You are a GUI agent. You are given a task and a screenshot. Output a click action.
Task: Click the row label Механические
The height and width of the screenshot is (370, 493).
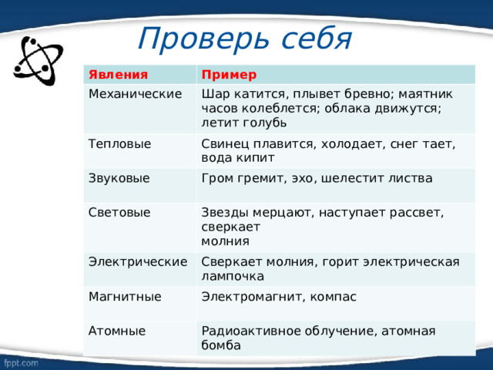136,94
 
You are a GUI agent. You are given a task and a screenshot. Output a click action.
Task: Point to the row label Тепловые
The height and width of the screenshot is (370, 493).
119,143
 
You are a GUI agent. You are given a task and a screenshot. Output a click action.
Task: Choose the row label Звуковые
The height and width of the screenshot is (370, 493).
119,178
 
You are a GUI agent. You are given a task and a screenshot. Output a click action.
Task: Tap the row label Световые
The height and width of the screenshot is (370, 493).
119,212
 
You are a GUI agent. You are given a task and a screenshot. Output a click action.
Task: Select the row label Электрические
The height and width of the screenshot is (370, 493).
139,261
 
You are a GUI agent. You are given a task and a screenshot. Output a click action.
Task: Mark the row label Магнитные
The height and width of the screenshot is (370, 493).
125,296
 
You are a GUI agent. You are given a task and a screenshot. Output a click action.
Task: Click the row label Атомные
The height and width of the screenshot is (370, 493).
117,331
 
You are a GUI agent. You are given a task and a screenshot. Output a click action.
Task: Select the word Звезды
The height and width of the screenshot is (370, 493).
223,212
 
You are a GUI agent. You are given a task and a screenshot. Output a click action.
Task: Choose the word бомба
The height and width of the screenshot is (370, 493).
220,345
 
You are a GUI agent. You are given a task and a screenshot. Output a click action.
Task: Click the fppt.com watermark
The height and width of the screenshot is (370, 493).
22,360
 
